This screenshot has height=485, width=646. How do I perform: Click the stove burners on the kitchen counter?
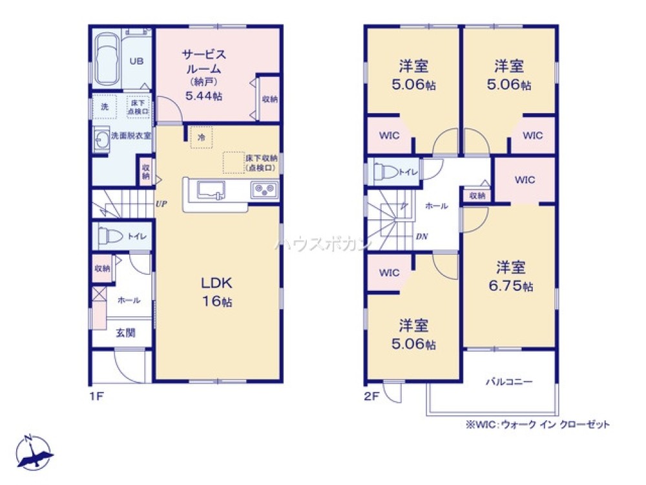pyautogui.click(x=264, y=190)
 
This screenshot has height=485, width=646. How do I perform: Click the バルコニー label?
pyautogui.click(x=509, y=382)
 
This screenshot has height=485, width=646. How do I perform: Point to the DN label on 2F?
pyautogui.click(x=421, y=237)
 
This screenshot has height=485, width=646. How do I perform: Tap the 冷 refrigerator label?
pyautogui.click(x=202, y=138)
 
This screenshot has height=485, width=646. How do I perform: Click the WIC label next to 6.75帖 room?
pyautogui.click(x=525, y=181)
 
